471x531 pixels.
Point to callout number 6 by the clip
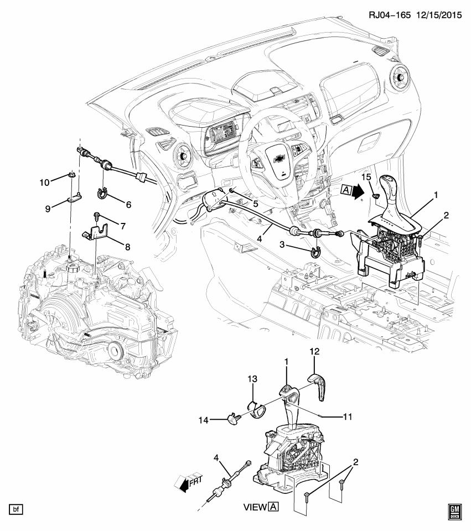point(128,204)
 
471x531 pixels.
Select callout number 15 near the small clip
point(366,176)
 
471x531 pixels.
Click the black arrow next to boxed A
point(358,191)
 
